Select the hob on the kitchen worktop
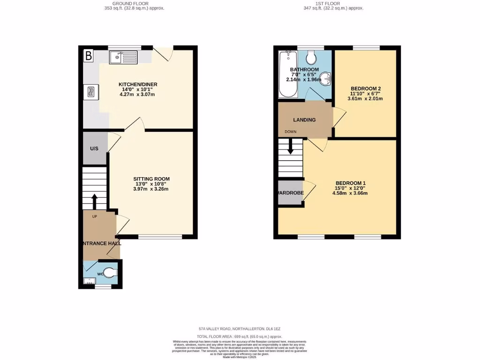pos(91,91)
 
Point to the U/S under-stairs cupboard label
pos(94,149)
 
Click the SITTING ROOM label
pos(151,179)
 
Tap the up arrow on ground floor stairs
pos(94,202)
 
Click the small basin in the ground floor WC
pos(89,281)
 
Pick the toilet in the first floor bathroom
pos(310,58)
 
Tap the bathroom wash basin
pos(326,78)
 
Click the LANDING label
pos(304,120)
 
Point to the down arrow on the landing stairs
pos(291,146)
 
